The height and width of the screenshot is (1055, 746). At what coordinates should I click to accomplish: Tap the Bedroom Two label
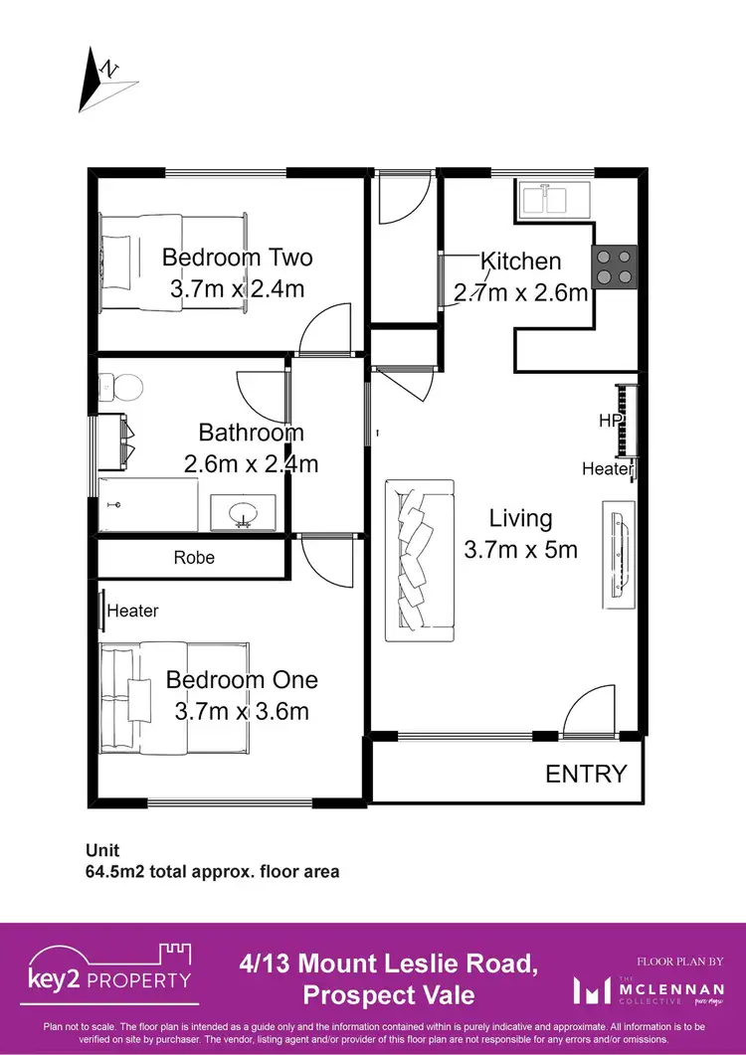coord(237,258)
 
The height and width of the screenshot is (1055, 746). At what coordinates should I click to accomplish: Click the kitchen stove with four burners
coord(615,266)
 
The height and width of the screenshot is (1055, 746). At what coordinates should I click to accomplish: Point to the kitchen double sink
coord(554,199)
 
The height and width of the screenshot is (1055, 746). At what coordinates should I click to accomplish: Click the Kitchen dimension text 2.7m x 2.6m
coord(521,292)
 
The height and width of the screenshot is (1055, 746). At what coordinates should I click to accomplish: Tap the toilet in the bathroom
coord(122,384)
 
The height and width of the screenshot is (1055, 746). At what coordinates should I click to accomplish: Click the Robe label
coord(194,558)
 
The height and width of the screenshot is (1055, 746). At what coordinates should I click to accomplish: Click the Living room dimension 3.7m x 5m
coord(520,549)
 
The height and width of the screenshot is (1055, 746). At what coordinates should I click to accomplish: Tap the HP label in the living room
coord(609,421)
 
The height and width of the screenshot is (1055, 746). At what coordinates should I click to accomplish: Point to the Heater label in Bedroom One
coord(132,611)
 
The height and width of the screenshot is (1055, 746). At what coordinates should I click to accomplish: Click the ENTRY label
coord(587,774)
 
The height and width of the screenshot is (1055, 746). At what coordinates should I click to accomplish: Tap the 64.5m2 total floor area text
coord(212,872)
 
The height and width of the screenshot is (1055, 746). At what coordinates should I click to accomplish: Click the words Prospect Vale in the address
coord(389,994)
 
